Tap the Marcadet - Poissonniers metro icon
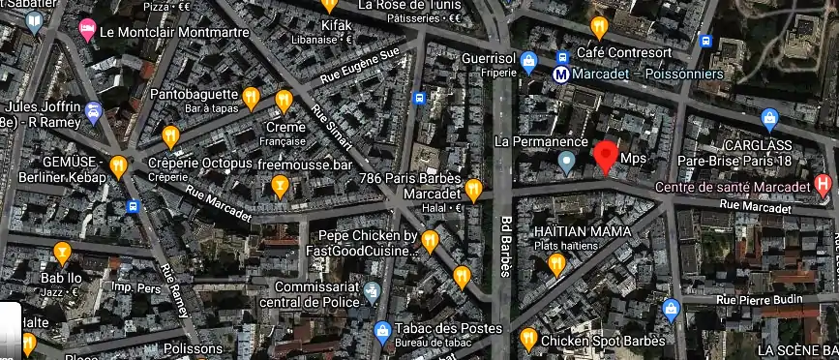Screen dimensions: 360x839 coord(560,72)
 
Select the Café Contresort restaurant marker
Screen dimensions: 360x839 coord(599,26)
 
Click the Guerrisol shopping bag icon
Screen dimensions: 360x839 coord(528,63)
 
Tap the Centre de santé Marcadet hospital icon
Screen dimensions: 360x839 coord(823,182)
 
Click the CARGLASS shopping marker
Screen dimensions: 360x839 coord(769,119)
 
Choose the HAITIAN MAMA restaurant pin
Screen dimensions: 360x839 coord(555,262)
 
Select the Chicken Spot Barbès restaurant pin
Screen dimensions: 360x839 coord(528,338)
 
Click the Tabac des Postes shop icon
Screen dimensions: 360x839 coord(382,331)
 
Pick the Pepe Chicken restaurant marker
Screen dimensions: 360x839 coord(430,239)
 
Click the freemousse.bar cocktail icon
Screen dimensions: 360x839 coord(280,185)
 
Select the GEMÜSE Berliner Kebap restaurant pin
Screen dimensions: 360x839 coord(118,166)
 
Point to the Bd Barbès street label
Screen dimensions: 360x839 coord(504,243)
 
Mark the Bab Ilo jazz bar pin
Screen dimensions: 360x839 coord(63,253)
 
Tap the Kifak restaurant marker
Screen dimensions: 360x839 coord(328,5)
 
